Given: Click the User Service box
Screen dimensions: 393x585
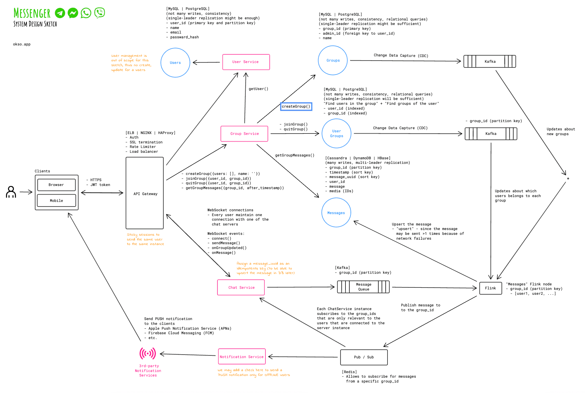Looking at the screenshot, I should tap(246, 62).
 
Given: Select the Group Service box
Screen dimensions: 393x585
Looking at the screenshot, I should tap(244, 134).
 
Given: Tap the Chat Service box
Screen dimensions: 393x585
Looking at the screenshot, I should tap(241, 287).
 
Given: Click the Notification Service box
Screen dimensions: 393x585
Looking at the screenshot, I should tap(242, 357).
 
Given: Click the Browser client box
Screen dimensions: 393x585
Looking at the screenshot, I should tap(56, 185).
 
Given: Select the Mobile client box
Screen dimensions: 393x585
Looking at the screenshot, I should tap(56, 200).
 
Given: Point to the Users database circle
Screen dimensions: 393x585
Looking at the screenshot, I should tap(175, 63).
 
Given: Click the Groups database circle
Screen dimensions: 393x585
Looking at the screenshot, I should tap(333, 60).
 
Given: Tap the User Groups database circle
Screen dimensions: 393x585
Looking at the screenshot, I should tap(336, 133).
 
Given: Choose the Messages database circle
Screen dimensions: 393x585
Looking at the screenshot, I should tap(336, 213).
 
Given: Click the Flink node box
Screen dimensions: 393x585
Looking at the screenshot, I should tap(490, 288).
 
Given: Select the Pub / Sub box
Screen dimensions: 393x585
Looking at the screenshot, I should tap(364, 357).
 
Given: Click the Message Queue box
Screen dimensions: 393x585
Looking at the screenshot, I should tap(363, 287).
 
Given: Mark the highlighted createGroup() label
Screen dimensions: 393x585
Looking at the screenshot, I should tap(296, 106).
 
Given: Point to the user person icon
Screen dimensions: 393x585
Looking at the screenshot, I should tap(11, 192).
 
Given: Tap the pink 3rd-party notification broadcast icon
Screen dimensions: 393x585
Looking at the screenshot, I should tap(148, 354).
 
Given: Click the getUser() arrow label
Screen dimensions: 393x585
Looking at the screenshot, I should tap(258, 89).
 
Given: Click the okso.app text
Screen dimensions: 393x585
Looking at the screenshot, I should tap(22, 44).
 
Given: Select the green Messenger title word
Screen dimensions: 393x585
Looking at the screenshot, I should tap(32, 13).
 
